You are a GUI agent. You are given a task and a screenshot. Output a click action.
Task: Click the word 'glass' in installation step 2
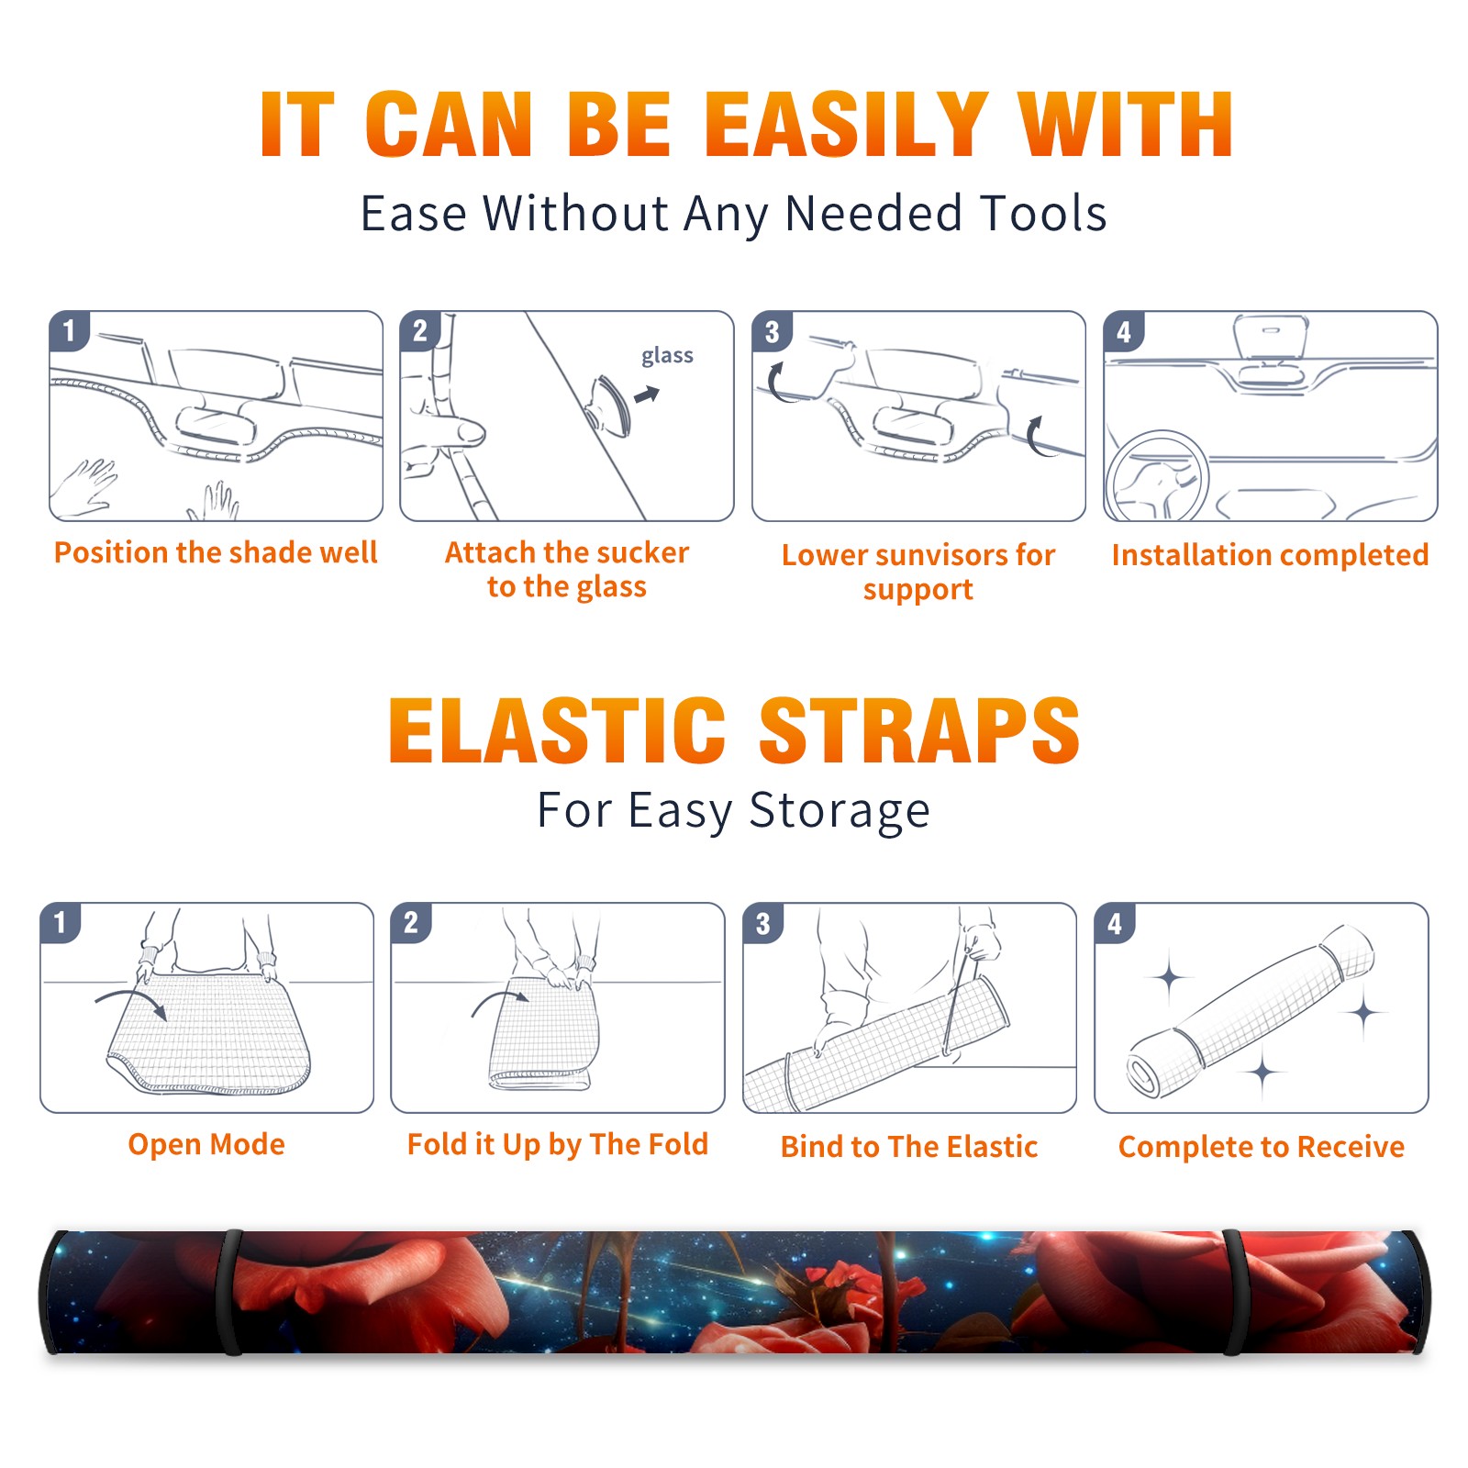667,356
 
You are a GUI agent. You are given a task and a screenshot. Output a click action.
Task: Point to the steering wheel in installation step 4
1156,475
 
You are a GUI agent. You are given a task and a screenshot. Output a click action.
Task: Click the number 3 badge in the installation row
772,331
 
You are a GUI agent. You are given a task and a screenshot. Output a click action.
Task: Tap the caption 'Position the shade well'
216,552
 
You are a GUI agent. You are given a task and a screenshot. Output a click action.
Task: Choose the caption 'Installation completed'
1270,554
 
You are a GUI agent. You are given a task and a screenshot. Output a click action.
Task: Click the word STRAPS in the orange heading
919,730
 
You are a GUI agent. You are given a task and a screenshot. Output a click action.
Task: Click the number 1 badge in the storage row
61,922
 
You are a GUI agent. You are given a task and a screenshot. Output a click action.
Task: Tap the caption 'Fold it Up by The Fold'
558,1144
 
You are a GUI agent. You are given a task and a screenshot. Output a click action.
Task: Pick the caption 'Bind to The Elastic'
909,1147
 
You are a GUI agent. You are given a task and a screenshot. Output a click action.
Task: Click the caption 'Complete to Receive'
1262,1147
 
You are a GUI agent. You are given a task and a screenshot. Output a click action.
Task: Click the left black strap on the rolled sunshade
232,1292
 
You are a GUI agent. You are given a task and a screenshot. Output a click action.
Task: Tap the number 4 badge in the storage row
1115,923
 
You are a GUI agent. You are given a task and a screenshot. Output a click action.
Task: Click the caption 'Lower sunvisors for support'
918,572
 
